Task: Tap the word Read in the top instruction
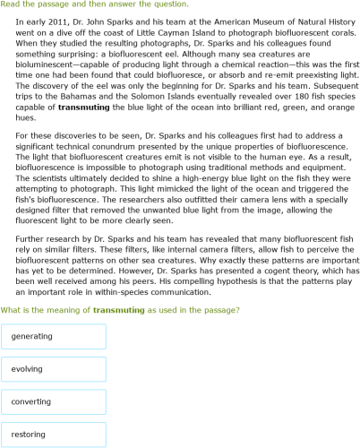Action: (11, 4)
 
